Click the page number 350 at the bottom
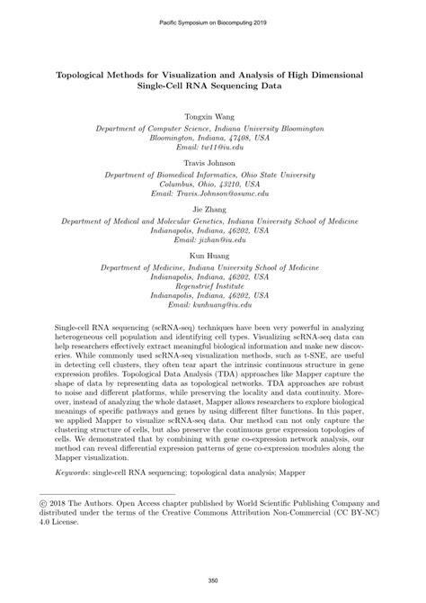[213, 580]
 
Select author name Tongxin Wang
[213, 116]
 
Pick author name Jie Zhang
[213, 207]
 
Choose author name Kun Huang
[213, 256]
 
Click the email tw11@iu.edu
[213, 148]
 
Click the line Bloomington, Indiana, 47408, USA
[213, 138]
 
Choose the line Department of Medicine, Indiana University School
[213, 267]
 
